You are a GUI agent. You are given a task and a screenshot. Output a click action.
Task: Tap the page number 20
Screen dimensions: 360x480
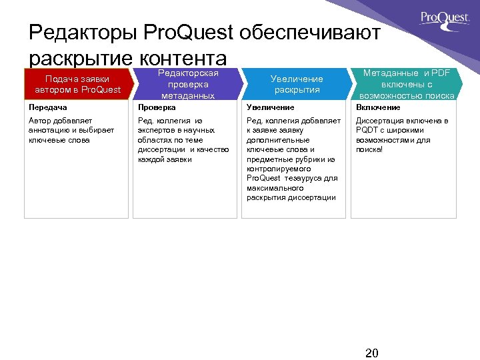[x=372, y=353]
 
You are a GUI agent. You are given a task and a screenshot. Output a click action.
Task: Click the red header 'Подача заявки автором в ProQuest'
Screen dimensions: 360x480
[x=78, y=85]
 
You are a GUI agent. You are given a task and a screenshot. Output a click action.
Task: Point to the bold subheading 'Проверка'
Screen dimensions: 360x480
[x=157, y=107]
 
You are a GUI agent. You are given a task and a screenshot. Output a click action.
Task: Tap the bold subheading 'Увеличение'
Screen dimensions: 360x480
[x=270, y=107]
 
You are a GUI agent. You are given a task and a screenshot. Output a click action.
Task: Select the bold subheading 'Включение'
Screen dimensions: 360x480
[x=378, y=107]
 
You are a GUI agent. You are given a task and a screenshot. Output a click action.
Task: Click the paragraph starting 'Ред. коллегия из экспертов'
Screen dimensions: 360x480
[x=183, y=140]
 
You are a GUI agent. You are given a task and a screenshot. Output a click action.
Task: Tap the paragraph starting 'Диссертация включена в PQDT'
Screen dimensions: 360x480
[x=402, y=135]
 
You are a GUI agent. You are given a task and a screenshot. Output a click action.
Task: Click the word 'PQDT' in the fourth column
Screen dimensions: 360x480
[x=367, y=131]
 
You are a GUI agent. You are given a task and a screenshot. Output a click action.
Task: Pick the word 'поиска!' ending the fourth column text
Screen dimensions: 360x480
[x=370, y=150]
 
